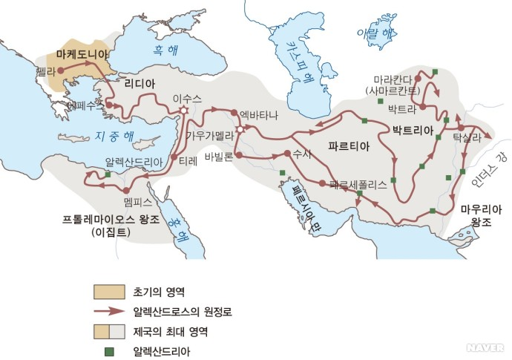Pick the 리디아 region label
(139, 85)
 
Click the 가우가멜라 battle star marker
(239, 130)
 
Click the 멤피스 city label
(137, 201)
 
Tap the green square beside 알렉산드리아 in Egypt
(108, 174)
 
